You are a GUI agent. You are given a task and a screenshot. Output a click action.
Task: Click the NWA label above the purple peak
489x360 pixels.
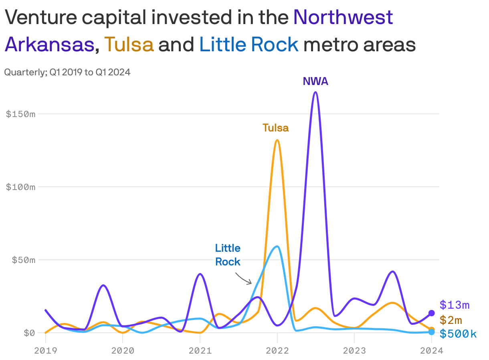pos(315,81)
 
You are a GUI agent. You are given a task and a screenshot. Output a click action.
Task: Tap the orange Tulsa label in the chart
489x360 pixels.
pos(275,128)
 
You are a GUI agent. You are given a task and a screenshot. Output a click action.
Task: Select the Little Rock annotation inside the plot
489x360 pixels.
pos(228,255)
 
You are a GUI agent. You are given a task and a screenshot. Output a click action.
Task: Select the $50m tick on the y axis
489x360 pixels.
pos(23,260)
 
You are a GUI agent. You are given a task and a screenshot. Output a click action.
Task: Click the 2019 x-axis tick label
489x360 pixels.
pos(45,351)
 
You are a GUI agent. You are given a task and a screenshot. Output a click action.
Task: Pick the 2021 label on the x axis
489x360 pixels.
pos(200,351)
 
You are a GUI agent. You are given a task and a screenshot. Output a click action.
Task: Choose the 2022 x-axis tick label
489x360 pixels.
pos(277,351)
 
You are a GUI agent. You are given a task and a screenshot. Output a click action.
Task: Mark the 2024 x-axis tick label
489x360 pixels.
pos(431,351)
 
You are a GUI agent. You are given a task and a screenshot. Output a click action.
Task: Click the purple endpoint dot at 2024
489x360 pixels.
pos(431,313)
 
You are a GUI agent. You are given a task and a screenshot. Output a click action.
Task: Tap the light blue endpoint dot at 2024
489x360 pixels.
pos(431,332)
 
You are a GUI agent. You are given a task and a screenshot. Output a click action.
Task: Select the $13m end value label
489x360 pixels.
pos(454,305)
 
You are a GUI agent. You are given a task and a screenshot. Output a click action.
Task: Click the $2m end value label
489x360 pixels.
pos(451,320)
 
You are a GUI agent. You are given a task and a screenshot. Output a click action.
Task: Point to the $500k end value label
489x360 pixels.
pos(458,334)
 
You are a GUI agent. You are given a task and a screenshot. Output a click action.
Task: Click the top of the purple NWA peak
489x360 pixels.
pos(315,92)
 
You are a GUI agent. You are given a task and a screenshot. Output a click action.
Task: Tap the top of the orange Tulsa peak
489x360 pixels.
pos(277,140)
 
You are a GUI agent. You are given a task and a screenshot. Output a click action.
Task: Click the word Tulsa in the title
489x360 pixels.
pos(129,44)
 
